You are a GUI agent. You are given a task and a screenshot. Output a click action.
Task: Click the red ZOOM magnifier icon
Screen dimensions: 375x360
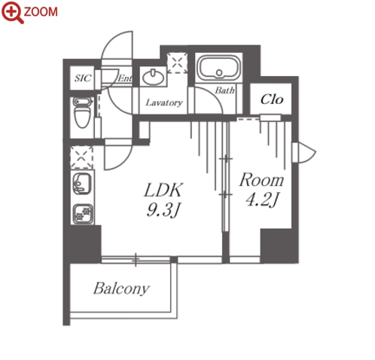(x=12, y=12)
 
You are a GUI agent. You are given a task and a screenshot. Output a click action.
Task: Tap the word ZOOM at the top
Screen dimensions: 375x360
(x=41, y=12)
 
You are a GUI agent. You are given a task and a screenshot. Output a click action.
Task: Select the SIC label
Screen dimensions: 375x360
(x=83, y=78)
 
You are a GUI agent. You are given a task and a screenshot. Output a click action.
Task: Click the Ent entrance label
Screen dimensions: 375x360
(x=125, y=78)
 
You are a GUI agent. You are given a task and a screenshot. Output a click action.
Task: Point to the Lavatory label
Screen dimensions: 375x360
(x=164, y=102)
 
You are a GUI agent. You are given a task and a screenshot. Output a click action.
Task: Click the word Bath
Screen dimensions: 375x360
(x=224, y=90)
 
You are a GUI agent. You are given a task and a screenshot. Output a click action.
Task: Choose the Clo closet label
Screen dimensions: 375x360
(x=272, y=99)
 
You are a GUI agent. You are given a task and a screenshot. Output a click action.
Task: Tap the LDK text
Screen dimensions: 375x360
(x=163, y=190)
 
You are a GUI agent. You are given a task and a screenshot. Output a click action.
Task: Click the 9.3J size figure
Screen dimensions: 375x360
(x=163, y=210)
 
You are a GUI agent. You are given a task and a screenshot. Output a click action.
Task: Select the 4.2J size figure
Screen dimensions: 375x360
(x=262, y=200)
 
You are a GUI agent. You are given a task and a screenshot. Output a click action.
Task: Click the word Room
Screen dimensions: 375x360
(x=261, y=180)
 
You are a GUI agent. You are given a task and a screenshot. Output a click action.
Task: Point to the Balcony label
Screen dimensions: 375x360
(x=122, y=288)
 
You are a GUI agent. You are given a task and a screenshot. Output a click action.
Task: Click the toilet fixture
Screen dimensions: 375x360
(x=82, y=112)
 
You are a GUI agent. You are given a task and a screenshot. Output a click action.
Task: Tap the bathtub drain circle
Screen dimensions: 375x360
(x=219, y=73)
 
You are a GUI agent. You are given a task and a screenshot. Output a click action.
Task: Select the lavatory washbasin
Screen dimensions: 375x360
(x=153, y=77)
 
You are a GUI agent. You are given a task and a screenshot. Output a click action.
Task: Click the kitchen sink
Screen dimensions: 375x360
(x=82, y=184)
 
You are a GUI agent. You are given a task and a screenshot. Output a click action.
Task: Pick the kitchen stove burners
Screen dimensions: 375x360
(x=83, y=214)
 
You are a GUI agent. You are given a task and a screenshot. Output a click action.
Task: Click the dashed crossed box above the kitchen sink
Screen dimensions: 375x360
(x=81, y=157)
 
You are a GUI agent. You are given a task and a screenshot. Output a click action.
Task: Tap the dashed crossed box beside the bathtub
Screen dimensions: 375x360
(x=178, y=63)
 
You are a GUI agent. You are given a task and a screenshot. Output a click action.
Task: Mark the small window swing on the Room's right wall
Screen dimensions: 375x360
(x=304, y=152)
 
